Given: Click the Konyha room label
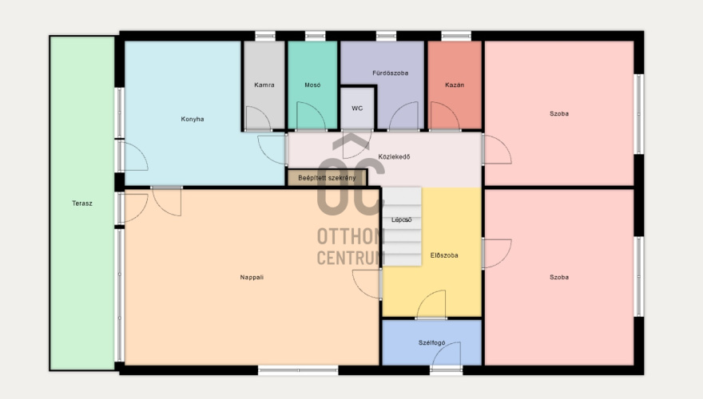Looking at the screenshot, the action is (x=193, y=119).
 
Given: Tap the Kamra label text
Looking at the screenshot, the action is (x=264, y=85).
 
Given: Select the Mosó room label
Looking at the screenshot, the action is (x=312, y=85).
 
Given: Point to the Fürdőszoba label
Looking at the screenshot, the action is (x=390, y=73).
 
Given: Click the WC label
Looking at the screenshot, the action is (x=357, y=109).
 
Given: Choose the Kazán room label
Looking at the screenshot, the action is (x=455, y=85).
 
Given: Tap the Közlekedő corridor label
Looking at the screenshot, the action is (x=394, y=156).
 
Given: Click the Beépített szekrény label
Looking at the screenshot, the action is (x=327, y=178).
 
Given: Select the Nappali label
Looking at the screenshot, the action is (x=252, y=277).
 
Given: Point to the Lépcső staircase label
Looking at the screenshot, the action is (x=401, y=220).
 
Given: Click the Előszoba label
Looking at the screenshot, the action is (x=444, y=255).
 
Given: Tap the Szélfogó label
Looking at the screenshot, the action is (x=431, y=342).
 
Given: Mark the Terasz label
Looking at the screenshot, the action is (x=82, y=203).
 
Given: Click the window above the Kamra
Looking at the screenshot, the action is (x=265, y=36).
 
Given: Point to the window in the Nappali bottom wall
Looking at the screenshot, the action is (x=298, y=370).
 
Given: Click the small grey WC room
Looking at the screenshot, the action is (x=357, y=109).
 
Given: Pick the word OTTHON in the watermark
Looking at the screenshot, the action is (x=351, y=236).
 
